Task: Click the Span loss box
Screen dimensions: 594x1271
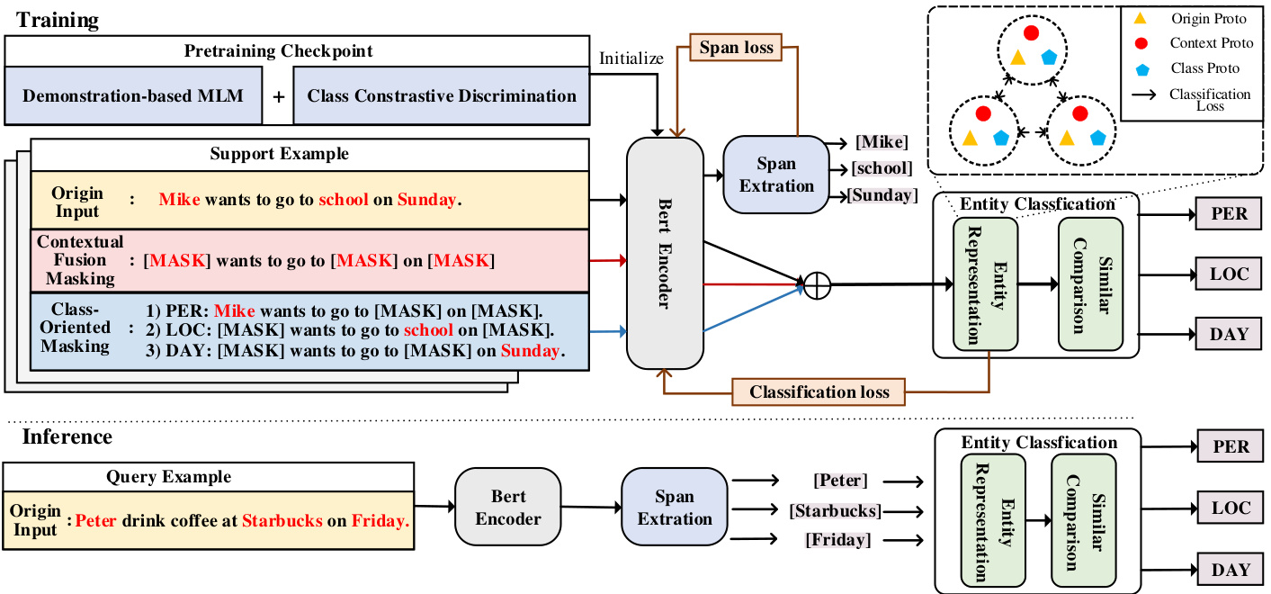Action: (736, 48)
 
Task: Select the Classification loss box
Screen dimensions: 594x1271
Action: (819, 391)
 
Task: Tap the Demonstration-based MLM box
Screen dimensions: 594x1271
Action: (133, 95)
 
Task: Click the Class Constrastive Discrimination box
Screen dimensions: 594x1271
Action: (442, 95)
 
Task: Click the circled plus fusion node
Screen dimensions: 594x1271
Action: (817, 286)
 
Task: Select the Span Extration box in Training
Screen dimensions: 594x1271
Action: (775, 175)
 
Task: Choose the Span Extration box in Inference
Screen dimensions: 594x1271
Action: (674, 508)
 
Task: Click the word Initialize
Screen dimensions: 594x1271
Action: (631, 58)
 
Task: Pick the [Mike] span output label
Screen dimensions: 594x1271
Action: (882, 141)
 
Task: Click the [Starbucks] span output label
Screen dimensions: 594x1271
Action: (835, 511)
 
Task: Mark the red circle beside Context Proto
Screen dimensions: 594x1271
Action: (1141, 43)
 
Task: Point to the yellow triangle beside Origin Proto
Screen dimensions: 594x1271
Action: (1141, 18)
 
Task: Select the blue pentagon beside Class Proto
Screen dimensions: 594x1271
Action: (1141, 68)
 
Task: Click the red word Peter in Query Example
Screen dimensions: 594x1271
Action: (96, 520)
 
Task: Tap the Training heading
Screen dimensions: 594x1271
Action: (57, 19)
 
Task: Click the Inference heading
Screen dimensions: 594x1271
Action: (67, 437)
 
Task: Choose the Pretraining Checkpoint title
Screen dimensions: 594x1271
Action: (278, 51)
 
